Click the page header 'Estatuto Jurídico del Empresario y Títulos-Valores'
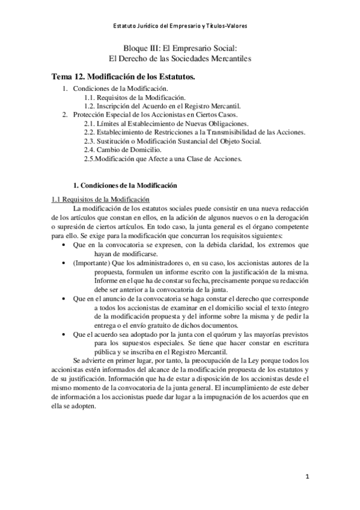click(180, 26)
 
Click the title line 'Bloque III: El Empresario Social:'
click(180, 48)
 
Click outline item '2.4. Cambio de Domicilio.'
click(121, 149)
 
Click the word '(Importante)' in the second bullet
click(90, 263)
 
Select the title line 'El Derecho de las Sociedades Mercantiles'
click(180, 58)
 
